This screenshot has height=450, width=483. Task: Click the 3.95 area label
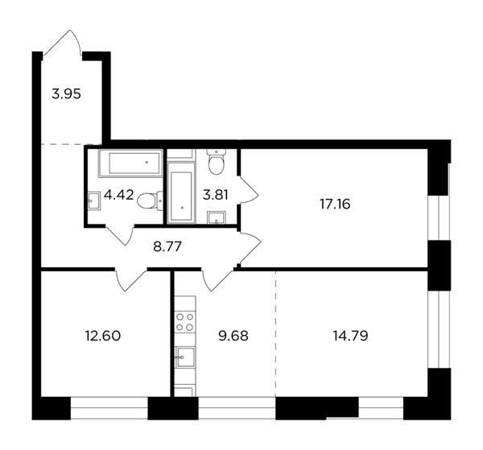pos(66,94)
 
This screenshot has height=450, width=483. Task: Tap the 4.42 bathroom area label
pos(119,195)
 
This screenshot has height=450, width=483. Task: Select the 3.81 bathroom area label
pos(215,195)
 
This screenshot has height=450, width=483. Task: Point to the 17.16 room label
pos(335,204)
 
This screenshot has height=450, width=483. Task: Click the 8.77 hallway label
pos(167,246)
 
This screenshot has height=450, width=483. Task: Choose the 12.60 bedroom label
pos(103,336)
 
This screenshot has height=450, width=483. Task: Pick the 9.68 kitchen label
pos(233,336)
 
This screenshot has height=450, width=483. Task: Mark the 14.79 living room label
pos(350,336)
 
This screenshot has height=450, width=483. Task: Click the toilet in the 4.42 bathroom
pos(150,200)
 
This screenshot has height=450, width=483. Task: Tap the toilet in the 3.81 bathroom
pos(217,162)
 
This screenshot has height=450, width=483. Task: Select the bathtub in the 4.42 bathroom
pos(130,163)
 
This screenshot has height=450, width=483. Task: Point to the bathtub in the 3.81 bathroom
pos(181,192)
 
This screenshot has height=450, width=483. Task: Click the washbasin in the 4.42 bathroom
pos(94,200)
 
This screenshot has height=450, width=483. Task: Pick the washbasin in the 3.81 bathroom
pos(217,217)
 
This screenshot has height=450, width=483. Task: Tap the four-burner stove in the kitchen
pos(184,322)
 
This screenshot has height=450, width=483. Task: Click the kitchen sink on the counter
pos(185,357)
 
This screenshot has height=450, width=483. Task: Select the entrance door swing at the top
pos(63,43)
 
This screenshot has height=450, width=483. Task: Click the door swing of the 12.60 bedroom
pos(130,279)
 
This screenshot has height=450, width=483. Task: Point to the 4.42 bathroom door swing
pos(119,236)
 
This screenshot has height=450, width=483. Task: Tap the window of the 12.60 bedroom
pos(109,408)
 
